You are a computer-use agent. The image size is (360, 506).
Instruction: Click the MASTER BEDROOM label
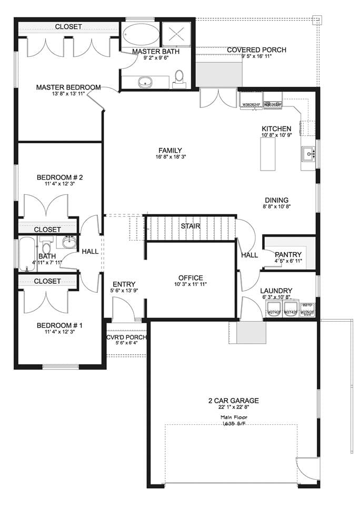click(x=68, y=87)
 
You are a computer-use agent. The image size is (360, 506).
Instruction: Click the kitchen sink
click(x=308, y=154)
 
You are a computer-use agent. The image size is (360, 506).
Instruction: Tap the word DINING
click(x=276, y=200)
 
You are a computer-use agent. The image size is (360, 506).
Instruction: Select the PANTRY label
click(x=288, y=255)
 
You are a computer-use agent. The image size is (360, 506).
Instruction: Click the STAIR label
click(x=191, y=226)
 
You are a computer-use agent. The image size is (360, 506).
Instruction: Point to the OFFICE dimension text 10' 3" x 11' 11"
click(x=190, y=285)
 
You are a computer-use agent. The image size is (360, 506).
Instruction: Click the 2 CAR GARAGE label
click(x=233, y=400)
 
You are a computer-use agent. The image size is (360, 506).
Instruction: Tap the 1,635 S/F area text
click(x=233, y=423)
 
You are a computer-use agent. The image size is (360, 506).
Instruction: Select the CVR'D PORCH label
click(x=126, y=338)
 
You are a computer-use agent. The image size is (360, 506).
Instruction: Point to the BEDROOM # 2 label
click(x=60, y=177)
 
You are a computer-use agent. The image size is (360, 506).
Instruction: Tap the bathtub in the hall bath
click(x=28, y=254)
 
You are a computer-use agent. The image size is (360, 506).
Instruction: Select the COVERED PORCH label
click(x=256, y=50)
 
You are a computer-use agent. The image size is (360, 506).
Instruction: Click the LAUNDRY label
click(x=276, y=291)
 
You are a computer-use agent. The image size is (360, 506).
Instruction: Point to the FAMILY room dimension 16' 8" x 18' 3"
click(x=171, y=157)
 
